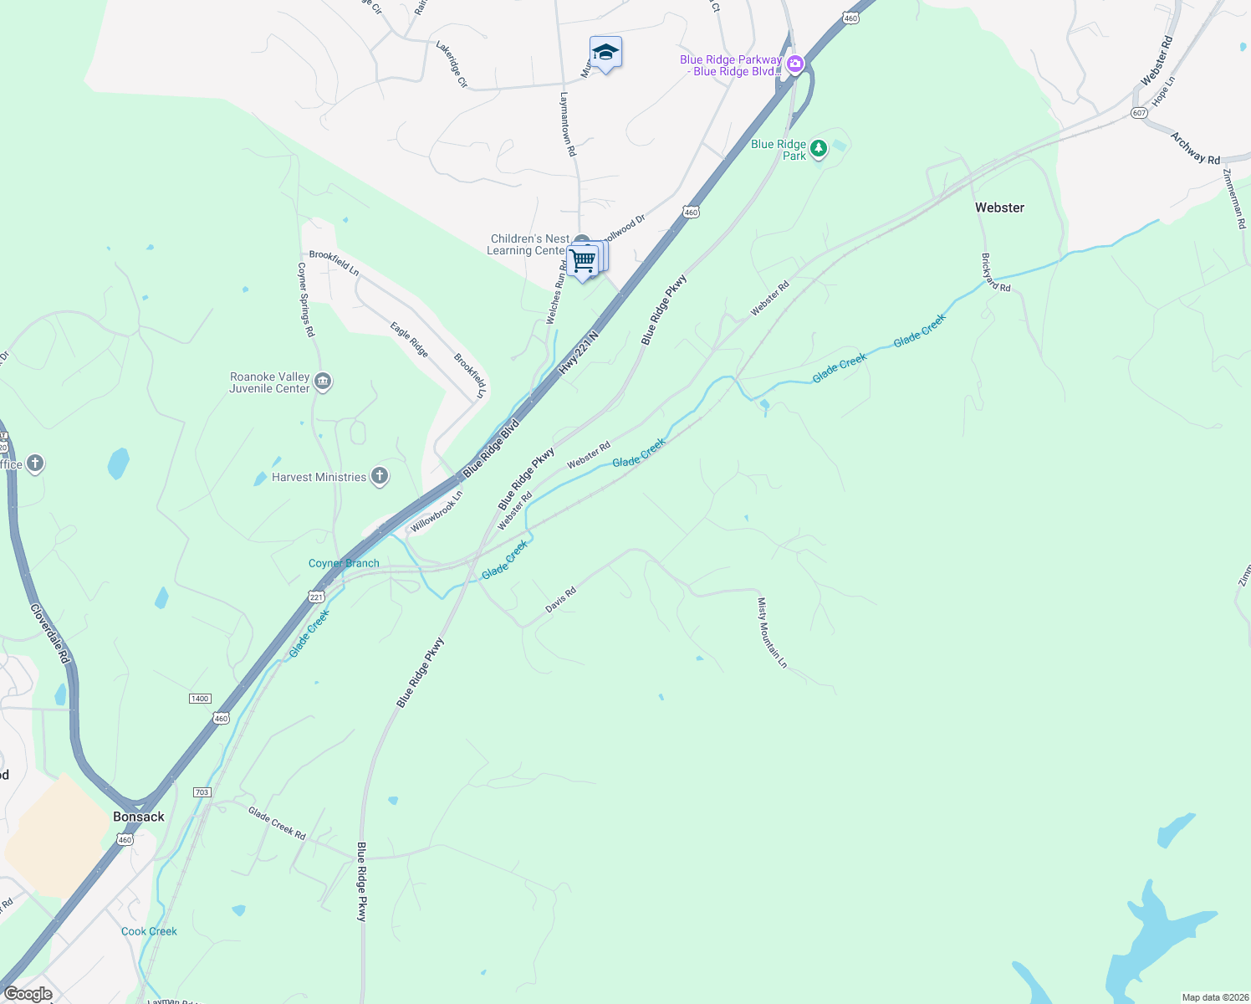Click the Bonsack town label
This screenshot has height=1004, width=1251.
[139, 817]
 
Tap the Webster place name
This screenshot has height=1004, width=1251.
[999, 207]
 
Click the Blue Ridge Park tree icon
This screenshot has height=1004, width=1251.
[819, 149]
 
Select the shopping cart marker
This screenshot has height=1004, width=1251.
[584, 260]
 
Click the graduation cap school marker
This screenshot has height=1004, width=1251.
[605, 53]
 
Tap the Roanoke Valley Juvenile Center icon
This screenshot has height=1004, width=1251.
[324, 382]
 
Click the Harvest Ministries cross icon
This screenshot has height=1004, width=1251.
[380, 477]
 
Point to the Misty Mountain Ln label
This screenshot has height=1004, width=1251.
[772, 633]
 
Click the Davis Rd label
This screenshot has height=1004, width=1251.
[561, 600]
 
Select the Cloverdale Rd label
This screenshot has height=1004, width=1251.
[49, 634]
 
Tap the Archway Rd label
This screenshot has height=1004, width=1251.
[1195, 148]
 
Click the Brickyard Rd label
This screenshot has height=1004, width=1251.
[996, 273]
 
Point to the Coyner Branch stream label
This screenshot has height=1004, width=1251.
[344, 563]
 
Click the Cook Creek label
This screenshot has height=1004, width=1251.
[149, 931]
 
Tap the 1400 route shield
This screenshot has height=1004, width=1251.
[200, 699]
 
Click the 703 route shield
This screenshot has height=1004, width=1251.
[202, 791]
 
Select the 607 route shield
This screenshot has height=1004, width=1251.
[1138, 113]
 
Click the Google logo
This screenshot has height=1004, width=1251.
[28, 994]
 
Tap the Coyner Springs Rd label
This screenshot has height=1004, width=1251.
[306, 300]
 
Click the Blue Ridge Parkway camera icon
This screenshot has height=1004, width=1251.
[794, 64]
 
